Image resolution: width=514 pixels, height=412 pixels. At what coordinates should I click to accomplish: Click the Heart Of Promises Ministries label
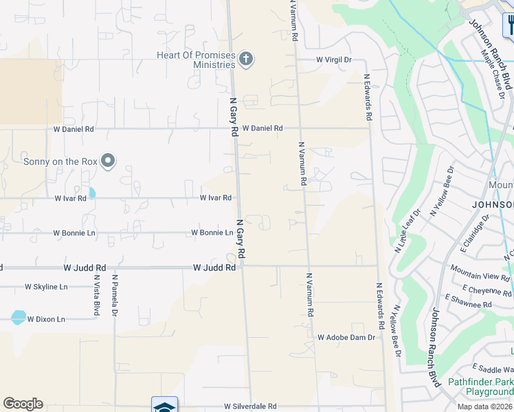(x=195, y=60)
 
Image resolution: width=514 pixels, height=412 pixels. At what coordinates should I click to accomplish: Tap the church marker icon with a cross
(x=246, y=60)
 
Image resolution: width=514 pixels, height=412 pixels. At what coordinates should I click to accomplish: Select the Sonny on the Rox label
(x=59, y=161)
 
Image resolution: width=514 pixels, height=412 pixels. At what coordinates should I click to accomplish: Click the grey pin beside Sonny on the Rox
(x=108, y=161)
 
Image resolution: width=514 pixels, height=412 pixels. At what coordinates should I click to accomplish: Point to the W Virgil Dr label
(x=334, y=60)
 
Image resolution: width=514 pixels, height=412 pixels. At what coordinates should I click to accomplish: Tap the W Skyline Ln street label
(x=47, y=286)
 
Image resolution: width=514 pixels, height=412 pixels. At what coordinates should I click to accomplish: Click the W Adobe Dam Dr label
(x=346, y=337)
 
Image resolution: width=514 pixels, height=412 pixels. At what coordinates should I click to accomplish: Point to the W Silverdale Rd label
(x=250, y=407)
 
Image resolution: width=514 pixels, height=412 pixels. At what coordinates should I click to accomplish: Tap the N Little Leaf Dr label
(x=407, y=231)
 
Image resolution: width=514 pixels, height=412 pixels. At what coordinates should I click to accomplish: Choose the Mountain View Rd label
(x=480, y=272)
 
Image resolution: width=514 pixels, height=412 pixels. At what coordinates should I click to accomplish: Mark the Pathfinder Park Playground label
(x=480, y=387)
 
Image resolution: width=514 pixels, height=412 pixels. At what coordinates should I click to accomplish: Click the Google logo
(x=23, y=404)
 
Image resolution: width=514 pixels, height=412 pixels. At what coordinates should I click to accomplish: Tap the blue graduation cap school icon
(x=164, y=406)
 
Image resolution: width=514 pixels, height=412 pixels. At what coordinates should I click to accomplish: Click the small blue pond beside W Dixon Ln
(x=19, y=317)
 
